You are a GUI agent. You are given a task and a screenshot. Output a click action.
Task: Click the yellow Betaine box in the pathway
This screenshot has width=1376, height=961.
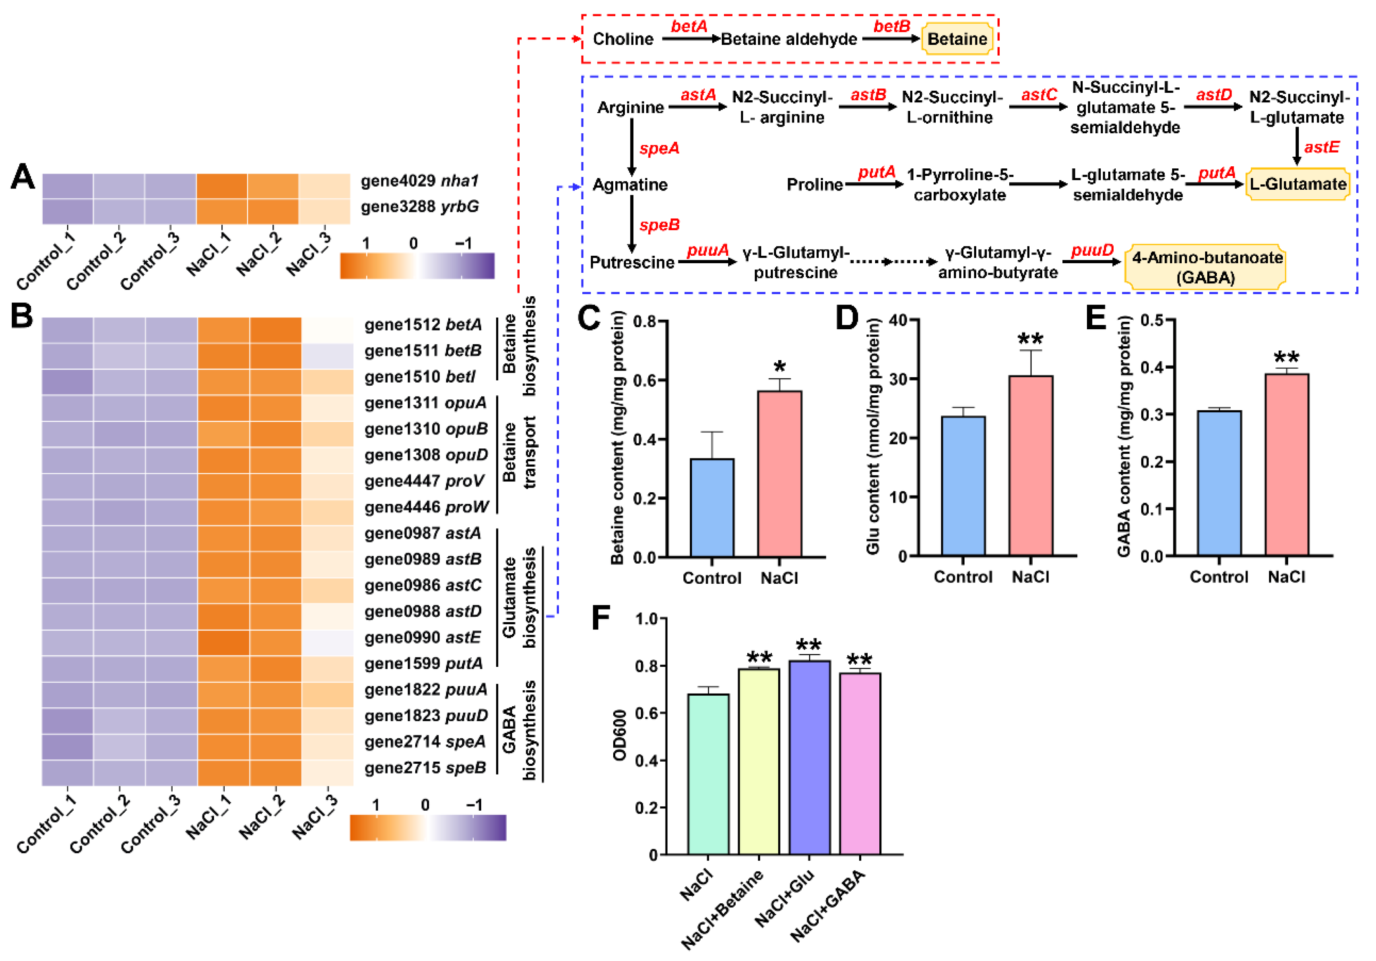[x=957, y=39]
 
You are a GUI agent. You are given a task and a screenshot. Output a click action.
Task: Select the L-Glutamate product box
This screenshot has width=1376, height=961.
[x=1297, y=184]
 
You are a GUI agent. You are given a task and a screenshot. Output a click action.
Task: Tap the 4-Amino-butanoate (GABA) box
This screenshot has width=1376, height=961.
[x=1206, y=267]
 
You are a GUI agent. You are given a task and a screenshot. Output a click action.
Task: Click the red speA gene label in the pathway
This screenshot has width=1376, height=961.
[x=659, y=148]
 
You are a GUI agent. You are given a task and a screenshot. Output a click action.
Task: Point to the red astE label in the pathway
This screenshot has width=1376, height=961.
[x=1321, y=147]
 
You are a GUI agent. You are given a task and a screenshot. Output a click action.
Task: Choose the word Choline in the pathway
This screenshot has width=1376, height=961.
[x=623, y=39]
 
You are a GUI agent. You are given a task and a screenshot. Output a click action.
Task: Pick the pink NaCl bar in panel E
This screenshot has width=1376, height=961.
[x=1286, y=465]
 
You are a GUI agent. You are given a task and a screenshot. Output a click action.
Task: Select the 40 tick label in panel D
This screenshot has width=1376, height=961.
[x=898, y=320]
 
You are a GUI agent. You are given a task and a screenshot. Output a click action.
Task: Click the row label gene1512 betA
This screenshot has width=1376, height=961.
[x=422, y=325]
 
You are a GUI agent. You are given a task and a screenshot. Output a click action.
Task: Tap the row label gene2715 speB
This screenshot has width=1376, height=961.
[x=425, y=768]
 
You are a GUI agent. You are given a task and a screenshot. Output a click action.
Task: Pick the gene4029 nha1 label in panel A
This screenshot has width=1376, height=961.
[x=419, y=181]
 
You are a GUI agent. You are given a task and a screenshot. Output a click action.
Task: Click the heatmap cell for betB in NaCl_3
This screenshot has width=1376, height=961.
[x=327, y=356]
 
